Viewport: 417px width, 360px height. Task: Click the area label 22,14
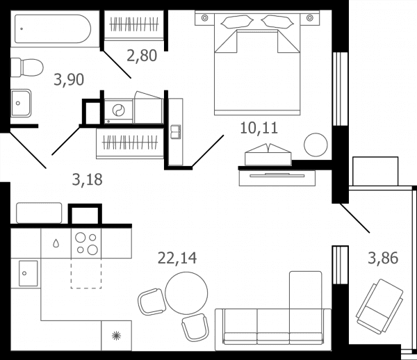click(177, 258)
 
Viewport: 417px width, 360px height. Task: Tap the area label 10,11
click(259, 128)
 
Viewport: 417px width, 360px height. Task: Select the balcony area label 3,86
click(383, 258)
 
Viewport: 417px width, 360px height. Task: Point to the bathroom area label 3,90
click(69, 79)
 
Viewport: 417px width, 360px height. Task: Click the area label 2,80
click(142, 56)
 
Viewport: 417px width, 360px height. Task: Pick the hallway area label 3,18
click(88, 180)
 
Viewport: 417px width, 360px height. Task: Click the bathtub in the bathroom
click(53, 29)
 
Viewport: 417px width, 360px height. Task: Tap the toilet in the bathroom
click(27, 67)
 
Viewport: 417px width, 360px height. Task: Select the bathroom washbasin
click(21, 103)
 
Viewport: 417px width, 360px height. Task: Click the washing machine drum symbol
click(118, 111)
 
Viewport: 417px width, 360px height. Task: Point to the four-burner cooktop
click(86, 243)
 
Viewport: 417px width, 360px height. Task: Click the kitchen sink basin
click(28, 273)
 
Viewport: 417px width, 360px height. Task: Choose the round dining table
click(186, 293)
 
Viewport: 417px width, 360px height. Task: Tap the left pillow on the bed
click(237, 22)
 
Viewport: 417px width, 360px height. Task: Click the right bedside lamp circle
click(310, 18)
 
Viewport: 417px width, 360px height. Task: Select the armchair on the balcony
click(379, 306)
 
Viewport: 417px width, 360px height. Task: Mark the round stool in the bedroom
click(316, 145)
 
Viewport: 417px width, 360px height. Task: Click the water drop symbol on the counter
click(56, 243)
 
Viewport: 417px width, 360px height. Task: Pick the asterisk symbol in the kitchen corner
click(116, 336)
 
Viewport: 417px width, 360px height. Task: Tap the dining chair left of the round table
click(152, 302)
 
